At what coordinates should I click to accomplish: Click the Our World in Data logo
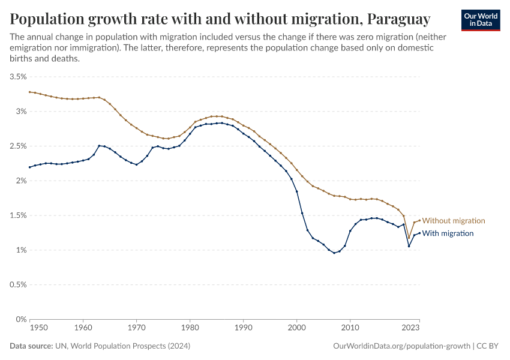480,19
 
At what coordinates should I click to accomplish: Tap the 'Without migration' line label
454,221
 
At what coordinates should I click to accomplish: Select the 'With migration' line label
448,233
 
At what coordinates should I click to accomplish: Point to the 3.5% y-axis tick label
18,77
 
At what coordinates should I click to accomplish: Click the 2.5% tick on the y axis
18,146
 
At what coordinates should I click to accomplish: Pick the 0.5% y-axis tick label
18,285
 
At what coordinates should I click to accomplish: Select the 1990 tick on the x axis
243,328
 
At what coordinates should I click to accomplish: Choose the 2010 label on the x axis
350,328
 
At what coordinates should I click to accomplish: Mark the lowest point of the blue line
334,253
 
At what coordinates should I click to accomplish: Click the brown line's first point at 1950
29,92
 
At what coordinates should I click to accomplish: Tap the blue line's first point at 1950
29,167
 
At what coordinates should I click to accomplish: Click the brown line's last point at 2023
419,220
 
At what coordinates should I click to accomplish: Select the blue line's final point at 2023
419,233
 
